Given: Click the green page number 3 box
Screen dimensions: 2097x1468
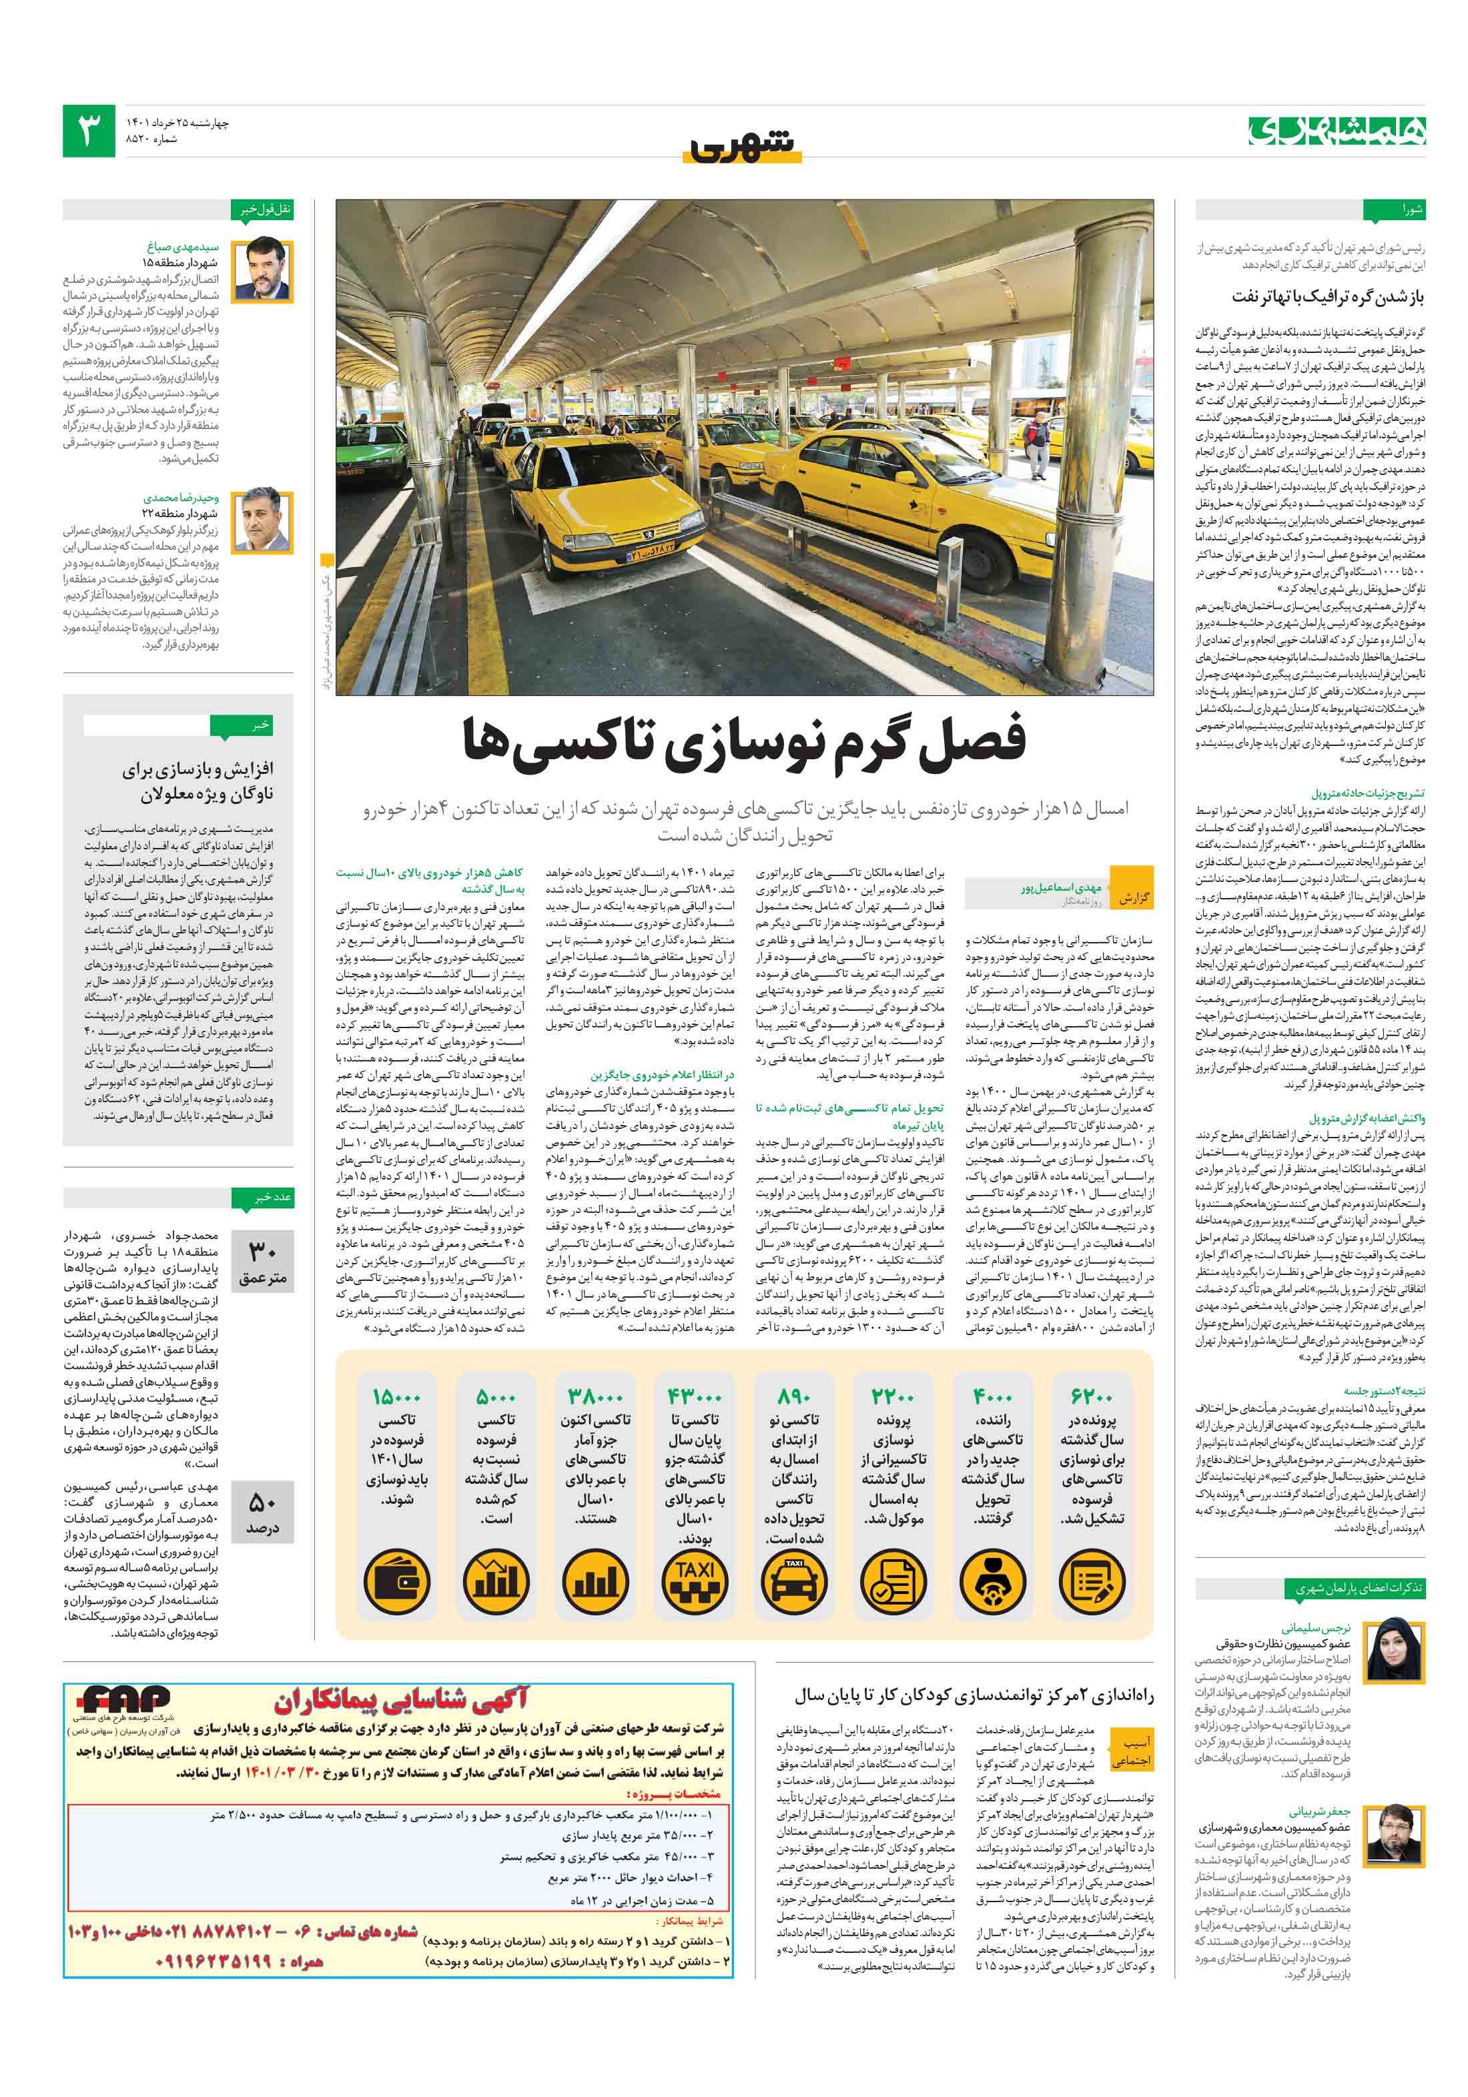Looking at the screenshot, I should [x=89, y=131].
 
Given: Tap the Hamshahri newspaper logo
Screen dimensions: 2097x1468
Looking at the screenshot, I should [x=1337, y=131].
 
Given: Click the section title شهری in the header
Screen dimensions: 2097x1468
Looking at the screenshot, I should [x=742, y=146].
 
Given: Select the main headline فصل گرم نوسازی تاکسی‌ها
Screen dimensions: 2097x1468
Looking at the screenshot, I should [x=745, y=741].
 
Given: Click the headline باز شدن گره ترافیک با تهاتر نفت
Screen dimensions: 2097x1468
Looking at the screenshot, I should [x=1327, y=297].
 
